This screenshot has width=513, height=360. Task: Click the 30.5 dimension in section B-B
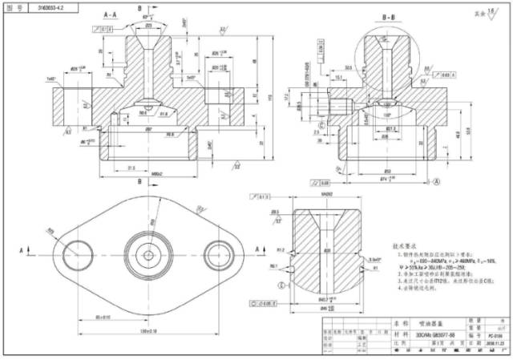coord(349,67)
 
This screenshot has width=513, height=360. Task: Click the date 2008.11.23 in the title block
coord(493,342)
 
